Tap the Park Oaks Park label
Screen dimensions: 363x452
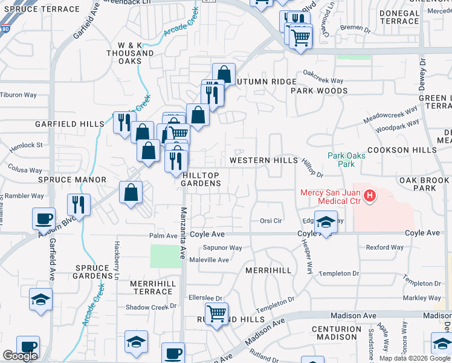coord(346,160)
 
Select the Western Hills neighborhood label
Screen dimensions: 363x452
coord(264,160)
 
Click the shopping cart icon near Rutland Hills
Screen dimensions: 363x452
coord(217,314)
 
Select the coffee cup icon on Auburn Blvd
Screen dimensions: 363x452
coord(44,218)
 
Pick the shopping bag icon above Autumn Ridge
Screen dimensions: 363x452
coord(224,74)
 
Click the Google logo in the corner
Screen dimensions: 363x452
coord(20,356)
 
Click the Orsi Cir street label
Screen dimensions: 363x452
coord(271,221)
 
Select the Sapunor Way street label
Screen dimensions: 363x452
coord(222,247)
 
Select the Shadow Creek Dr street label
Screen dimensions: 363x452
coord(150,307)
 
